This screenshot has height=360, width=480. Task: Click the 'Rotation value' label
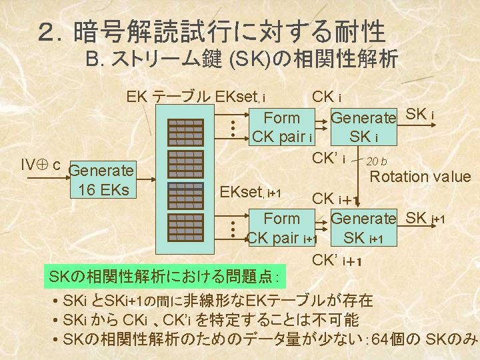tap(420, 177)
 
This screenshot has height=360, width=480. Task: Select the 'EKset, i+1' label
tap(250, 194)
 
